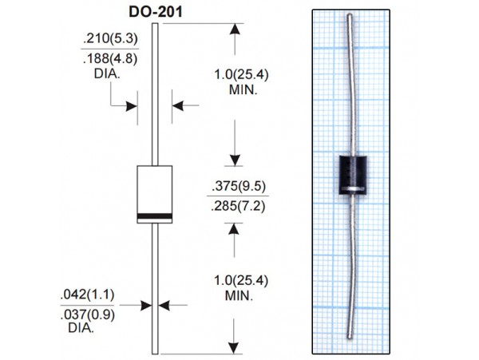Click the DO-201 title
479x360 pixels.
(156, 12)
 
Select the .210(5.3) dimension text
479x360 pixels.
(111, 38)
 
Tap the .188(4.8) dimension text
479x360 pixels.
(110, 58)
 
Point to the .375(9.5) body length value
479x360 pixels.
(239, 186)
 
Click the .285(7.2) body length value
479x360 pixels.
(238, 206)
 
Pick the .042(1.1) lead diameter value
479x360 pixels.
(87, 295)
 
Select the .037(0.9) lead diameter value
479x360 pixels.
(88, 315)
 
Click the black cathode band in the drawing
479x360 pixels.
(155, 216)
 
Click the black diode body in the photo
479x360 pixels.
(353, 175)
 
